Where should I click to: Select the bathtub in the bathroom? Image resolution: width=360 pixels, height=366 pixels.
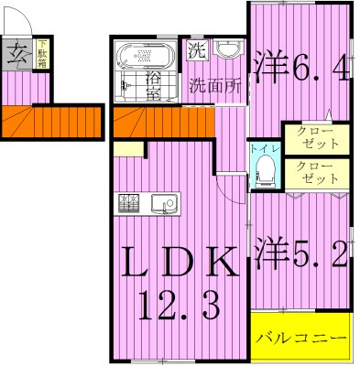pos(145,59)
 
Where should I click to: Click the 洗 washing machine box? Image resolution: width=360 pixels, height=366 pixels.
pos(196,51)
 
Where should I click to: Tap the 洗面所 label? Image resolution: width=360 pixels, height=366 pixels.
pos(215,88)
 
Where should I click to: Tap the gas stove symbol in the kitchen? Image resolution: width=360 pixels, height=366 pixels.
pos(128,204)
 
